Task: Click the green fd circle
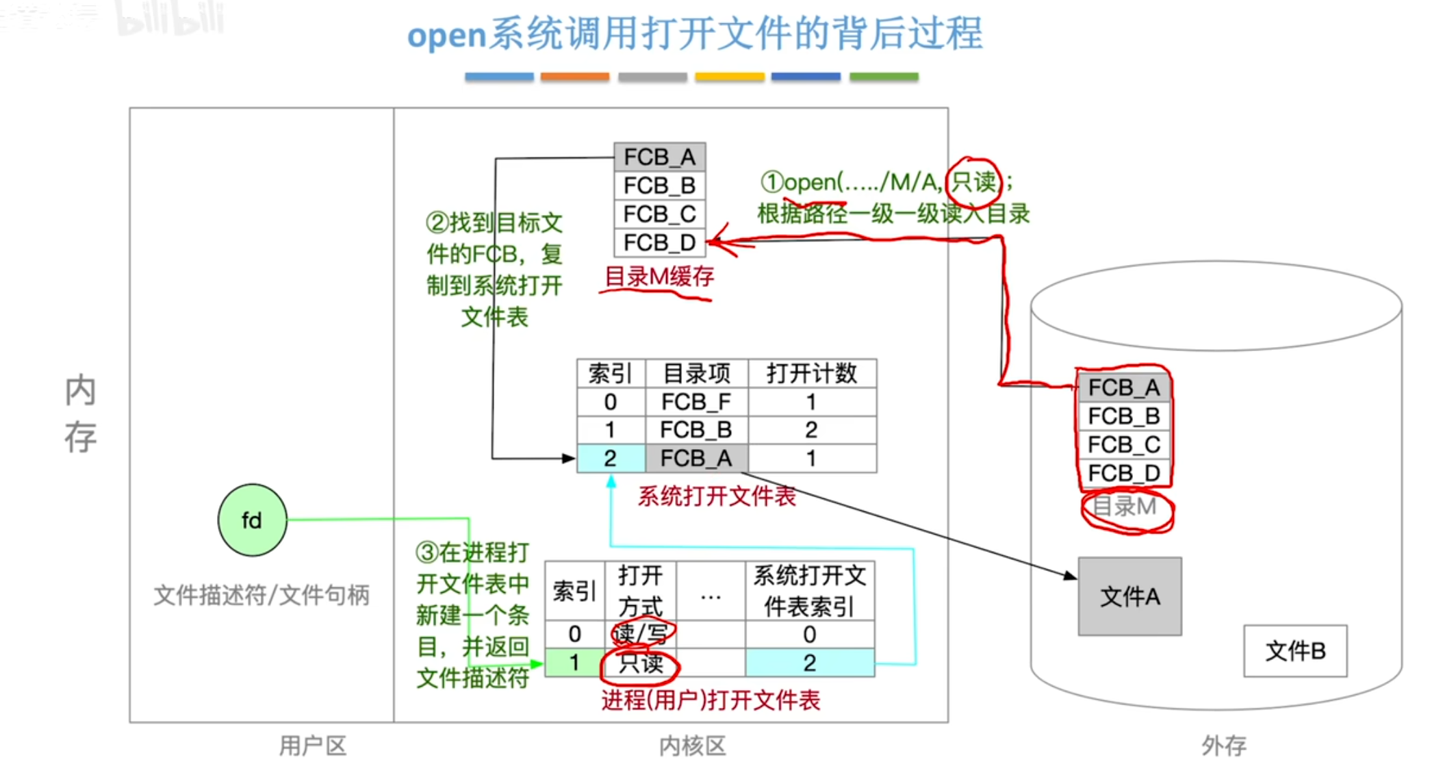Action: [252, 520]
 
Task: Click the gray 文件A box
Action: [1129, 596]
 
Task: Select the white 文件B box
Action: [1295, 650]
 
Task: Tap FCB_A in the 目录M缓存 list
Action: [659, 157]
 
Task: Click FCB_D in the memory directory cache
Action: [659, 242]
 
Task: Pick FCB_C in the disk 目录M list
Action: [1123, 444]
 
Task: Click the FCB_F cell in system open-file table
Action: [696, 402]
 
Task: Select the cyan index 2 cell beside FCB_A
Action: [611, 458]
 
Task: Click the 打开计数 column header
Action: [812, 373]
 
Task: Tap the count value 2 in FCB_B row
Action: [812, 430]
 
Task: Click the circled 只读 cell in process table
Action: [641, 663]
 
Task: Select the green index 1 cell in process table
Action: [575, 663]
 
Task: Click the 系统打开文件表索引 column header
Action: [809, 591]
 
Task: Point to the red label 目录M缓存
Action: [659, 277]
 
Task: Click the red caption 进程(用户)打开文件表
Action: [711, 700]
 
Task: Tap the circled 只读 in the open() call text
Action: [973, 182]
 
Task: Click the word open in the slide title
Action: [446, 34]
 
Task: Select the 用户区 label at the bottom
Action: [313, 746]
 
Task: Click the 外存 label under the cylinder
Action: [1224, 746]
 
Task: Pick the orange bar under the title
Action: [574, 77]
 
